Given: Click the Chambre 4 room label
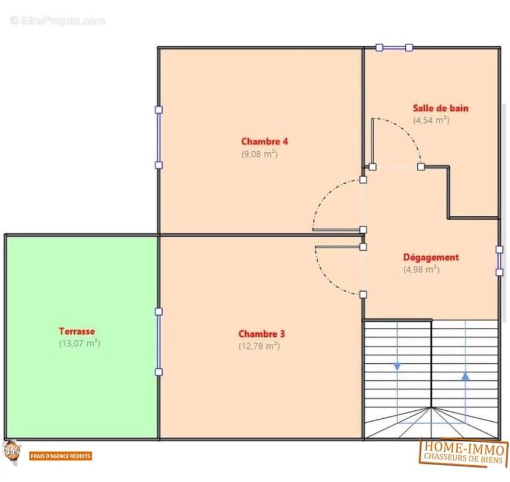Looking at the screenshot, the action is coord(265,142).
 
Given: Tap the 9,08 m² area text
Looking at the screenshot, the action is coord(260,154).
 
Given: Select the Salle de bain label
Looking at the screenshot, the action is coord(441,108).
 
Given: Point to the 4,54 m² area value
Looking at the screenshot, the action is coord(431,120).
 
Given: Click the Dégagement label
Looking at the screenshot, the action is coord(431,257).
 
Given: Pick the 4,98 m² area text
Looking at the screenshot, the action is coord(421,269).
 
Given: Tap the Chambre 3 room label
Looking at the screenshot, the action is coord(262,334).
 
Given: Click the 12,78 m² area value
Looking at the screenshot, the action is coord(259,346).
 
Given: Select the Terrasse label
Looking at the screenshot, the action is coord(77,331).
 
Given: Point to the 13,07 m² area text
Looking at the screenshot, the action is coord(80,343).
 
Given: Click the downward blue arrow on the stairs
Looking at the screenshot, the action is coord(397,366).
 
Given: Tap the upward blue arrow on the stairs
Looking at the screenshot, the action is coord(465,376).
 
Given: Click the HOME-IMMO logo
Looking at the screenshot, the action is coord(464,452).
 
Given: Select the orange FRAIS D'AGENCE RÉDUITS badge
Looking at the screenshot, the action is coord(60,456).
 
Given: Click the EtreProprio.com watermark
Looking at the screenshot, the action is coord(57,21).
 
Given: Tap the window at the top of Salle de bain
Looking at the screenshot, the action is coord(394,48).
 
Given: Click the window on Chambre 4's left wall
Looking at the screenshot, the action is coord(159,137).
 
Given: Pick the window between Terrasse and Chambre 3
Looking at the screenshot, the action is coord(159,342).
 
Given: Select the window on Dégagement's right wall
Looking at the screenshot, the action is coord(499,261).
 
